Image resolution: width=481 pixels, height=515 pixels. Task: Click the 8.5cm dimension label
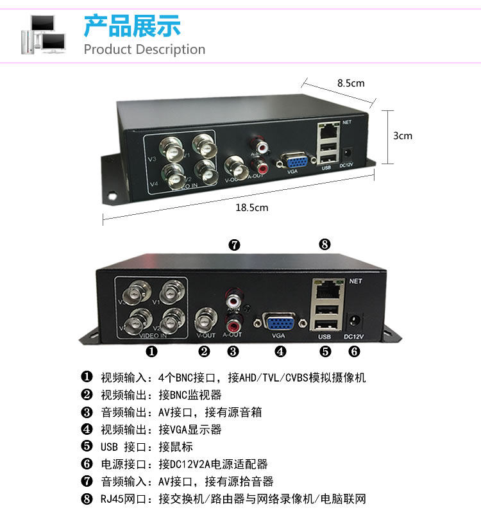(351, 83)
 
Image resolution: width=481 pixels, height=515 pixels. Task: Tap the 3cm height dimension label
(402, 135)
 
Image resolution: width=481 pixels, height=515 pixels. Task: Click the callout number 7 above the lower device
(234, 244)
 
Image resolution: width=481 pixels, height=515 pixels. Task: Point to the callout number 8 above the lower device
(325, 244)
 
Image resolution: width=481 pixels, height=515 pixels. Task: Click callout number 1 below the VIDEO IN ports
(151, 351)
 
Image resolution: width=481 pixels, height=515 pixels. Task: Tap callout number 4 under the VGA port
(280, 351)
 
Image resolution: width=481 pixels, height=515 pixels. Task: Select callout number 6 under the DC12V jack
(354, 351)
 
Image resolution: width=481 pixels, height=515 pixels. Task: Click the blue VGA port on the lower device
(278, 320)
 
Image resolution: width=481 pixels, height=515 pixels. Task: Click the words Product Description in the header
(144, 49)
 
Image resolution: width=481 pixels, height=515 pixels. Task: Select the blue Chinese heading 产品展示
(132, 25)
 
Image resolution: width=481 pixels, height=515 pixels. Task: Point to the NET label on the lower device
(356, 281)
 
